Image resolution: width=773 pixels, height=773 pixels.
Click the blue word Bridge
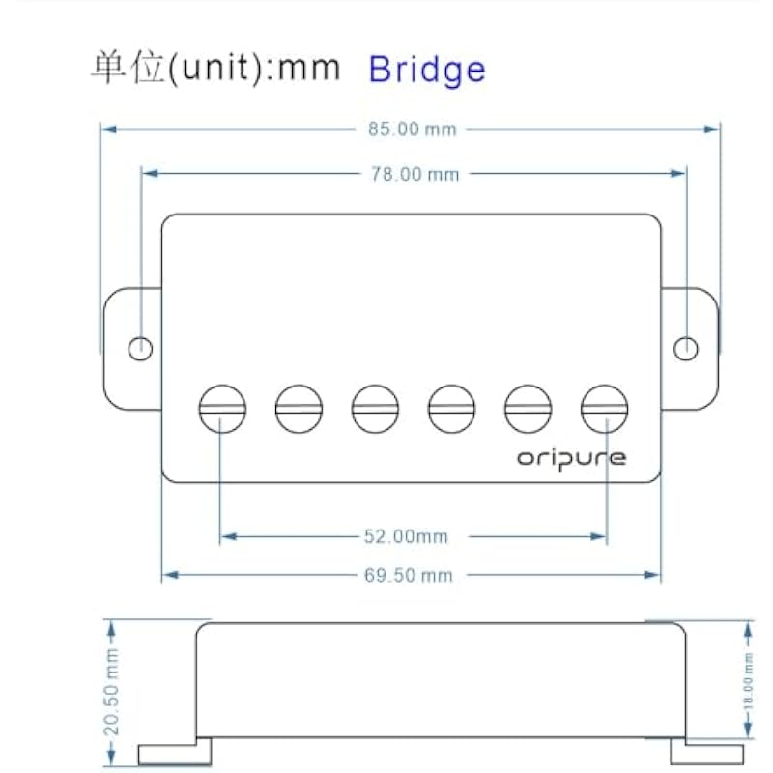point(427,69)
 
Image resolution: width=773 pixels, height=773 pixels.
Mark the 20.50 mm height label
point(112,692)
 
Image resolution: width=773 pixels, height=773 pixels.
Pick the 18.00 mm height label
point(748,682)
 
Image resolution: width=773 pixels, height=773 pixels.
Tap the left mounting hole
point(141,348)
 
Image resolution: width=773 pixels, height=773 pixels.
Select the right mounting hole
point(686,348)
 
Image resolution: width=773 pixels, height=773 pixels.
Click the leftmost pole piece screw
point(222,410)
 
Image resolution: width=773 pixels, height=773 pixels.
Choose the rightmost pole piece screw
point(605,410)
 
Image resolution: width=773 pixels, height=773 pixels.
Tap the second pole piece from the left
point(299,410)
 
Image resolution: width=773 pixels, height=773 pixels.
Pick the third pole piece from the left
point(375,410)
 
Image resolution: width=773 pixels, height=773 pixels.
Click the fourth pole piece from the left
point(451,410)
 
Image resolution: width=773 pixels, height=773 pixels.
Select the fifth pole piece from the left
point(529,410)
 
